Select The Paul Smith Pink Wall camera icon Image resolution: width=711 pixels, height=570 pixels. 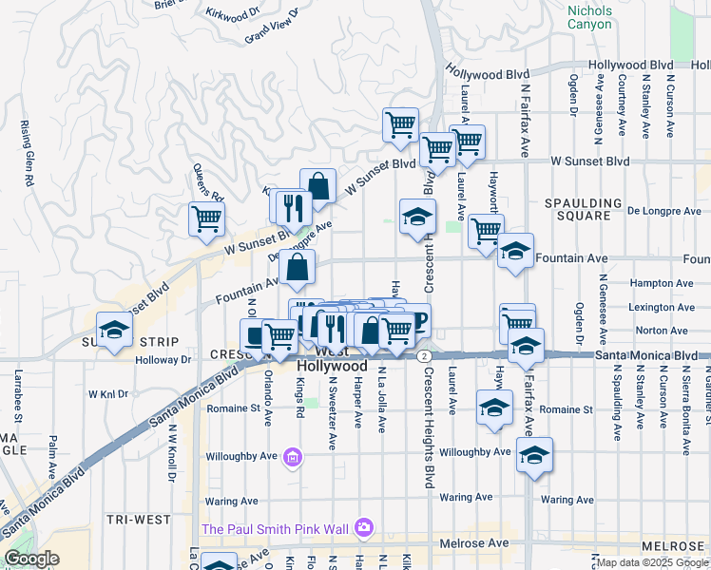(x=363, y=527)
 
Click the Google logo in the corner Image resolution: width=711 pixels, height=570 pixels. (x=31, y=559)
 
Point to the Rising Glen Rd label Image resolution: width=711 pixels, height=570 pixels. (x=26, y=152)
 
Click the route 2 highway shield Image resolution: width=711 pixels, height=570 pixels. (x=421, y=355)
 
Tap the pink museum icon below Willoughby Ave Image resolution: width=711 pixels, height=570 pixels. (x=293, y=461)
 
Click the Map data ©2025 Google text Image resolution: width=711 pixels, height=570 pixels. (x=653, y=562)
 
